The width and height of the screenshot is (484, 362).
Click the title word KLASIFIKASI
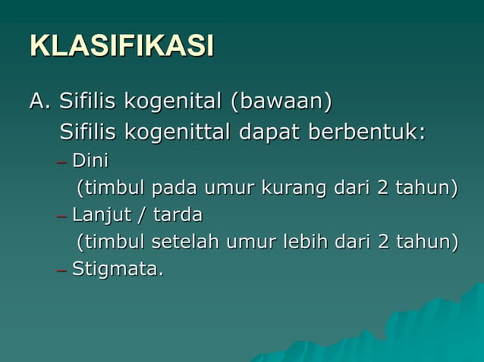tap(121, 45)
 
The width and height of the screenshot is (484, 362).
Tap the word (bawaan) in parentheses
tap(281, 101)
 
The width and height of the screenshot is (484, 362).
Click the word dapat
tap(270, 132)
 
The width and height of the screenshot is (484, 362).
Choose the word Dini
tap(90, 161)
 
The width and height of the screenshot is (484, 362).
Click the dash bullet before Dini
tap(61, 161)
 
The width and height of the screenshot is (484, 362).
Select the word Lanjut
tap(99, 215)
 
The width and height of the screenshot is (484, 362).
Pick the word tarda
tap(178, 215)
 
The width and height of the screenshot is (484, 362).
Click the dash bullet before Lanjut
tap(61, 216)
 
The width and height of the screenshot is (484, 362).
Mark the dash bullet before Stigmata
tap(61, 270)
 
